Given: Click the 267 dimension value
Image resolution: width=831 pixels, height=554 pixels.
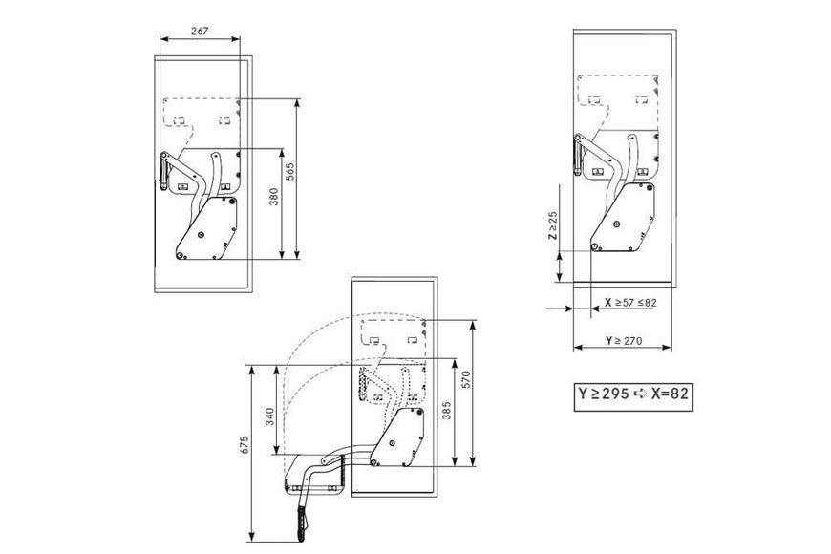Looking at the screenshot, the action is (x=200, y=32).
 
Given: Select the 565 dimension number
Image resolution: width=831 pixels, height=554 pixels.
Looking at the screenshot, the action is (x=290, y=172).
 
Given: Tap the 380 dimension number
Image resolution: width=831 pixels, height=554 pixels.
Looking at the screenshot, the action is (x=273, y=197).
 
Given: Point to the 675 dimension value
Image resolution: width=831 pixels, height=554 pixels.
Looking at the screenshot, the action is (x=245, y=445).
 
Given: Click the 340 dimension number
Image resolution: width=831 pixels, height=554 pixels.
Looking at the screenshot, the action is (x=270, y=416).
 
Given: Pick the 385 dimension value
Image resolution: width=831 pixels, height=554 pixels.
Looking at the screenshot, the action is (x=447, y=411).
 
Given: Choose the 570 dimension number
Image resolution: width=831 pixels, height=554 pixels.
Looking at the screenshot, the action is (x=466, y=379).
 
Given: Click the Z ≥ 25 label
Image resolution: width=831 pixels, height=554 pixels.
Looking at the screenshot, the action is (x=553, y=225).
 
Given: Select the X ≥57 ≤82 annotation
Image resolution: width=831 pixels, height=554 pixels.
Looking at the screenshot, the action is (x=630, y=303).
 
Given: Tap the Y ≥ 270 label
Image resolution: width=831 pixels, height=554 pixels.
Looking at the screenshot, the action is (x=624, y=340).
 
